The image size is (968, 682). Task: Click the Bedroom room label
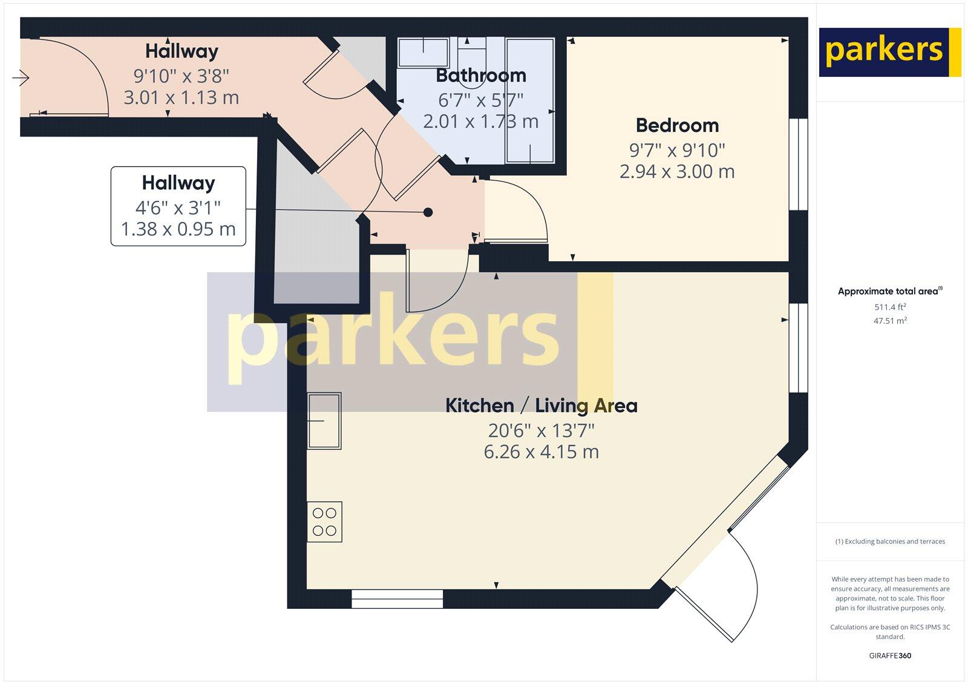point(677,125)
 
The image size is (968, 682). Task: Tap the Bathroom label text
point(481,76)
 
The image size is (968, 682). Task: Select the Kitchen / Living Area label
point(541,405)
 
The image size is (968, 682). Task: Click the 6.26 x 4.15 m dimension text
point(541,452)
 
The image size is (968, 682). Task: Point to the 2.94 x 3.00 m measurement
point(677,171)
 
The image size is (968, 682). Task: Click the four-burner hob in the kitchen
point(324,522)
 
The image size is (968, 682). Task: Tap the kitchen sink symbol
point(324,420)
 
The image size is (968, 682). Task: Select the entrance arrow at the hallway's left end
point(21,78)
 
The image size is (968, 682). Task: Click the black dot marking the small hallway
point(428,212)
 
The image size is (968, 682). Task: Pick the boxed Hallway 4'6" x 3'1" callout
point(178,206)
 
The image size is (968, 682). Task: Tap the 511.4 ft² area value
point(889,307)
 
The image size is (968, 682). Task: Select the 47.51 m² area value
point(889,321)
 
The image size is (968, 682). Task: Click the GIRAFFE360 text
point(890,655)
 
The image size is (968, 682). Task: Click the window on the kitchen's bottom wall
point(397,599)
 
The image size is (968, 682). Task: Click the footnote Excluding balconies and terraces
point(890,541)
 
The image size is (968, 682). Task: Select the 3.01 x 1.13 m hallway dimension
point(181,97)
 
